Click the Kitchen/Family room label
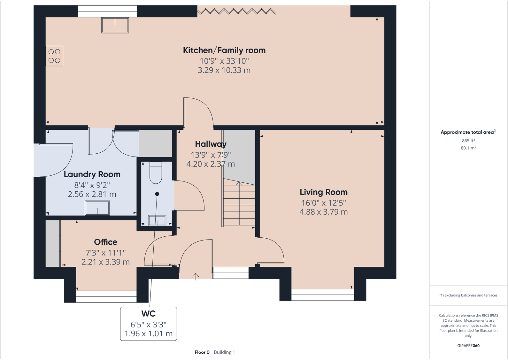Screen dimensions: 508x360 [224, 50]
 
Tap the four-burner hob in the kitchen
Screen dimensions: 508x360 [54, 56]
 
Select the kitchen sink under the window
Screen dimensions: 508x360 [115, 25]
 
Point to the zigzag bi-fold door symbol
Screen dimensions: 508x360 [236, 11]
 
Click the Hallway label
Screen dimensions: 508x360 [211, 144]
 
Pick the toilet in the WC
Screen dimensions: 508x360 [156, 172]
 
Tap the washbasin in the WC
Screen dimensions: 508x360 [157, 220]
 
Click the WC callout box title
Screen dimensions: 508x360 [149, 314]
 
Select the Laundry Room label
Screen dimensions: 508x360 [92, 174]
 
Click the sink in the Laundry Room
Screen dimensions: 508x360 [97, 208]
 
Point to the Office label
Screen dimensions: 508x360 [106, 242]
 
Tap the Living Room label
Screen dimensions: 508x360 [324, 192]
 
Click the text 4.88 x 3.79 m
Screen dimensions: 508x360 [324, 212]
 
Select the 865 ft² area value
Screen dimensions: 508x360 [468, 141]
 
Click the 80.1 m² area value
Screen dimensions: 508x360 [468, 148]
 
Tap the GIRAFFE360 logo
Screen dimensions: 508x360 [468, 346]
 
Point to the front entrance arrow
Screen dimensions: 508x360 [196, 277]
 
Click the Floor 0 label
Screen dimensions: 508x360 [202, 352]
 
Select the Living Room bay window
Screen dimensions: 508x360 [323, 295]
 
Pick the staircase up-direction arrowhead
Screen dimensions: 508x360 [239, 183]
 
